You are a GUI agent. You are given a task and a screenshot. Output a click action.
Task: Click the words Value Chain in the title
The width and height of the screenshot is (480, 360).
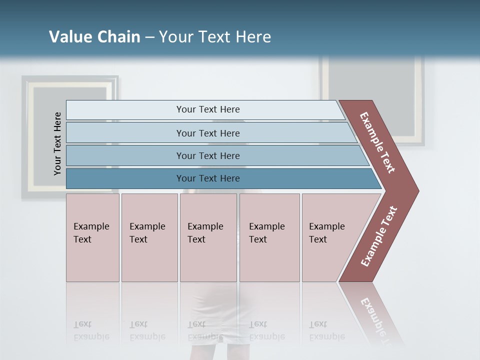pos(94,37)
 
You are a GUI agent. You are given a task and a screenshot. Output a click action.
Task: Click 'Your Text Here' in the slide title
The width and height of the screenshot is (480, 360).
pos(215,37)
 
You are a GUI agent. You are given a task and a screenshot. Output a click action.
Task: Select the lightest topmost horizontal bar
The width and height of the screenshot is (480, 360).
pos(208,109)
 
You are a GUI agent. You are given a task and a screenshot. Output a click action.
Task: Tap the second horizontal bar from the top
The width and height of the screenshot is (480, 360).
pos(208,133)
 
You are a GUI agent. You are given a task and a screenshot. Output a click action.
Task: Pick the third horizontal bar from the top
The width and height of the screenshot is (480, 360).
pos(208,155)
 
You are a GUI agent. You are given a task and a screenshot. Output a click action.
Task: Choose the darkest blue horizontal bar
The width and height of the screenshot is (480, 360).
pos(208,178)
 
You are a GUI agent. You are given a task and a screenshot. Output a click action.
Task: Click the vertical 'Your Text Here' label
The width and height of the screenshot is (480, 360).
pos(57,143)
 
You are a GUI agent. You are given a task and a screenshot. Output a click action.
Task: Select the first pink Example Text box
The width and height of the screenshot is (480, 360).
pos(92,237)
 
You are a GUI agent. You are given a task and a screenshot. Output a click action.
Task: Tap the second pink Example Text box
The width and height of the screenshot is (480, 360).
pos(149,237)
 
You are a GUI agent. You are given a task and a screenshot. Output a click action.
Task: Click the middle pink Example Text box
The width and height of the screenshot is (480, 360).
pos(208,237)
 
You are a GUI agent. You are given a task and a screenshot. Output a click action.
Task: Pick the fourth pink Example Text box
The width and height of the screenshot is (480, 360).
pos(269,237)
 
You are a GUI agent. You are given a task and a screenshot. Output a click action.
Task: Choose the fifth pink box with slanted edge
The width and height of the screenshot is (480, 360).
pos(330,237)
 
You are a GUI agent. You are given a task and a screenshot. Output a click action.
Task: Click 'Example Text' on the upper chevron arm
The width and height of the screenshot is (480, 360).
pos(377,142)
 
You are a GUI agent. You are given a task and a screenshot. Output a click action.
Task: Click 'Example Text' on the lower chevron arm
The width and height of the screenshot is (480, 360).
pos(379,236)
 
